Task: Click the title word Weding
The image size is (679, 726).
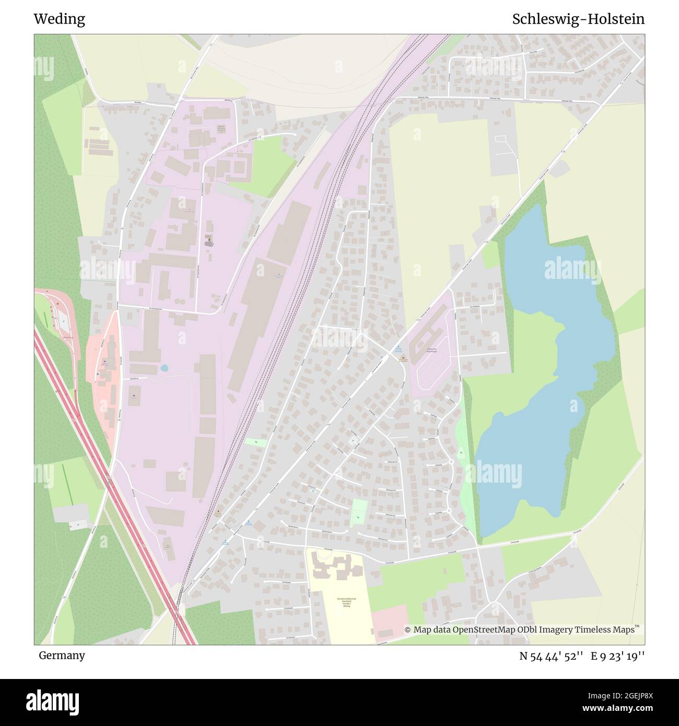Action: click(x=59, y=19)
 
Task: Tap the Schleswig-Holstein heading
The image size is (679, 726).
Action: click(x=578, y=19)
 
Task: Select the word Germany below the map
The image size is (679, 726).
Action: click(x=62, y=655)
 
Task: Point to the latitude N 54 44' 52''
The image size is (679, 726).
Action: click(x=551, y=656)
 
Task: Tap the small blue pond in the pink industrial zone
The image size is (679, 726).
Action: click(x=165, y=368)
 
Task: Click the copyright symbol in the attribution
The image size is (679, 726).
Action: click(x=408, y=630)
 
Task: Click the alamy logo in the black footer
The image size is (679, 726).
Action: click(x=54, y=701)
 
